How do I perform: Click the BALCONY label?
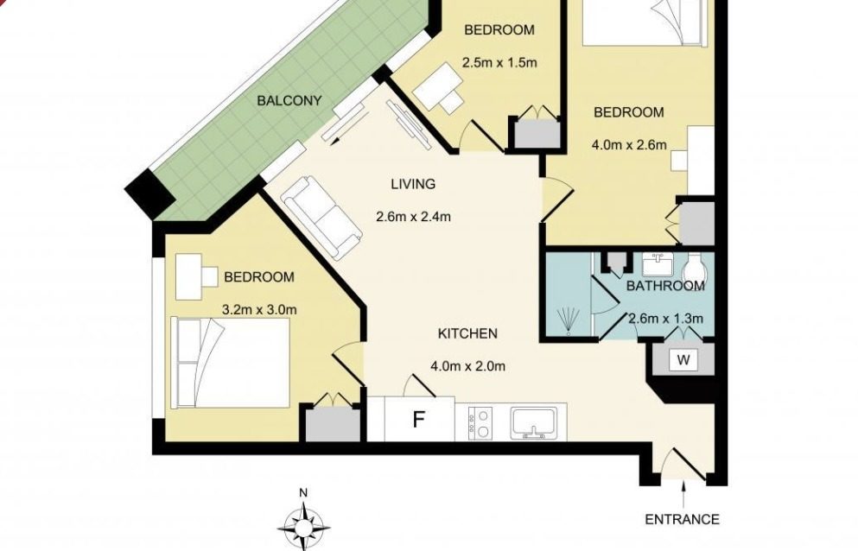(289, 101)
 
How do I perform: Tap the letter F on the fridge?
(418, 420)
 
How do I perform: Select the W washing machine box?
(683, 361)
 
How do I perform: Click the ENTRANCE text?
(682, 519)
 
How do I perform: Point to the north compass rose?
(303, 525)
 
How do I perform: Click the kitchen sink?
(534, 423)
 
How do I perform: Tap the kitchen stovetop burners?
(480, 423)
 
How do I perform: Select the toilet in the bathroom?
(696, 268)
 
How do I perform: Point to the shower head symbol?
(569, 321)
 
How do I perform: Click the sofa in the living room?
(323, 218)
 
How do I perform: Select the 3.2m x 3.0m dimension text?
(259, 310)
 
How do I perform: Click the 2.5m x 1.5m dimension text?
(499, 62)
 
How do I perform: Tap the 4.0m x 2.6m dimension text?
(629, 145)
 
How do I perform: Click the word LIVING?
(413, 185)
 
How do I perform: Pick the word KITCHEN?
(467, 333)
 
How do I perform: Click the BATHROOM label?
(665, 286)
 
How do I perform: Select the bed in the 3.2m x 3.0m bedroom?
(230, 362)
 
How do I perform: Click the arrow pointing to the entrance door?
(683, 494)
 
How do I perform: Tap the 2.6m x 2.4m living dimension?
(414, 217)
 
